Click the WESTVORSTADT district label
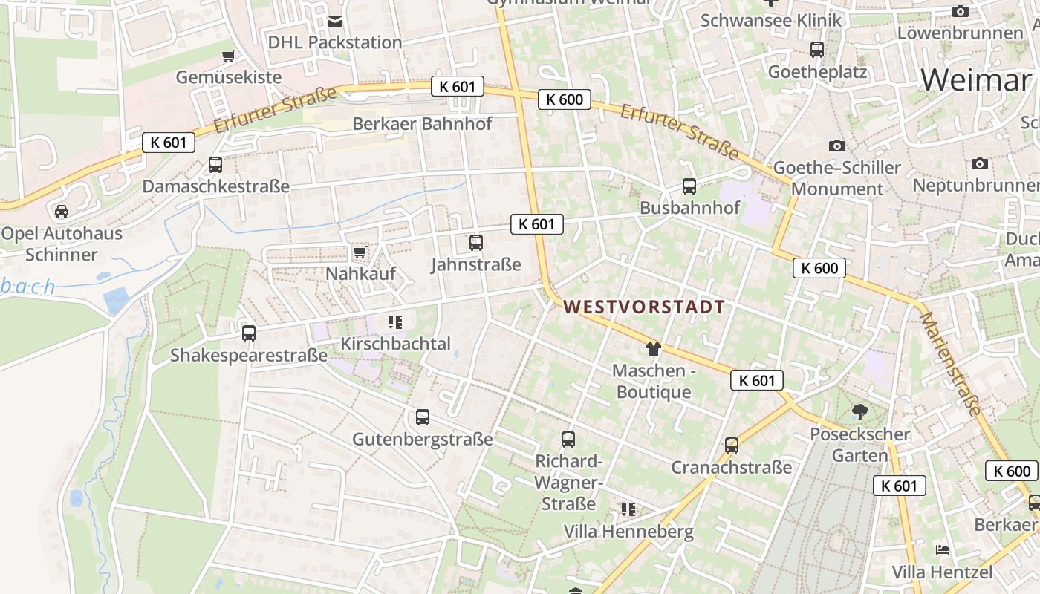643,307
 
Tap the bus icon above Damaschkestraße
215,165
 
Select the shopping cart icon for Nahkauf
360,252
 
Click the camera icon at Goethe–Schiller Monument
837,146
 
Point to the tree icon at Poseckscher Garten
860,411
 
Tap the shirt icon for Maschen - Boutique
654,348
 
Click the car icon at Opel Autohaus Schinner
62,212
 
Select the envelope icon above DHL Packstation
335,21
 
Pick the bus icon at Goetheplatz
817,50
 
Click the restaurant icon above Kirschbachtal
394,322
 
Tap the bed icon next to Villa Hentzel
943,550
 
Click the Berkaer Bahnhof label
422,123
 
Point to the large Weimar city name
975,79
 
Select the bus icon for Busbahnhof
689,186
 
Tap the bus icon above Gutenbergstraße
423,417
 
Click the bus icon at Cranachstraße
732,446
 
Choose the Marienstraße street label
950,363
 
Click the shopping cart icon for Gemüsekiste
229,56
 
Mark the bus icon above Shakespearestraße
249,333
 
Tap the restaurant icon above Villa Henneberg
628,509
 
